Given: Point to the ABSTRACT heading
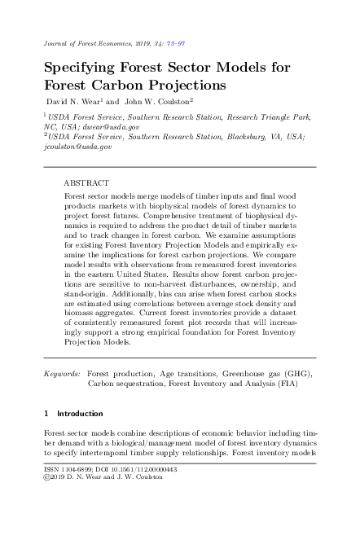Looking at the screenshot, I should (86, 184).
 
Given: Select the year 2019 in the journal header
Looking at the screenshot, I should (134, 42).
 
